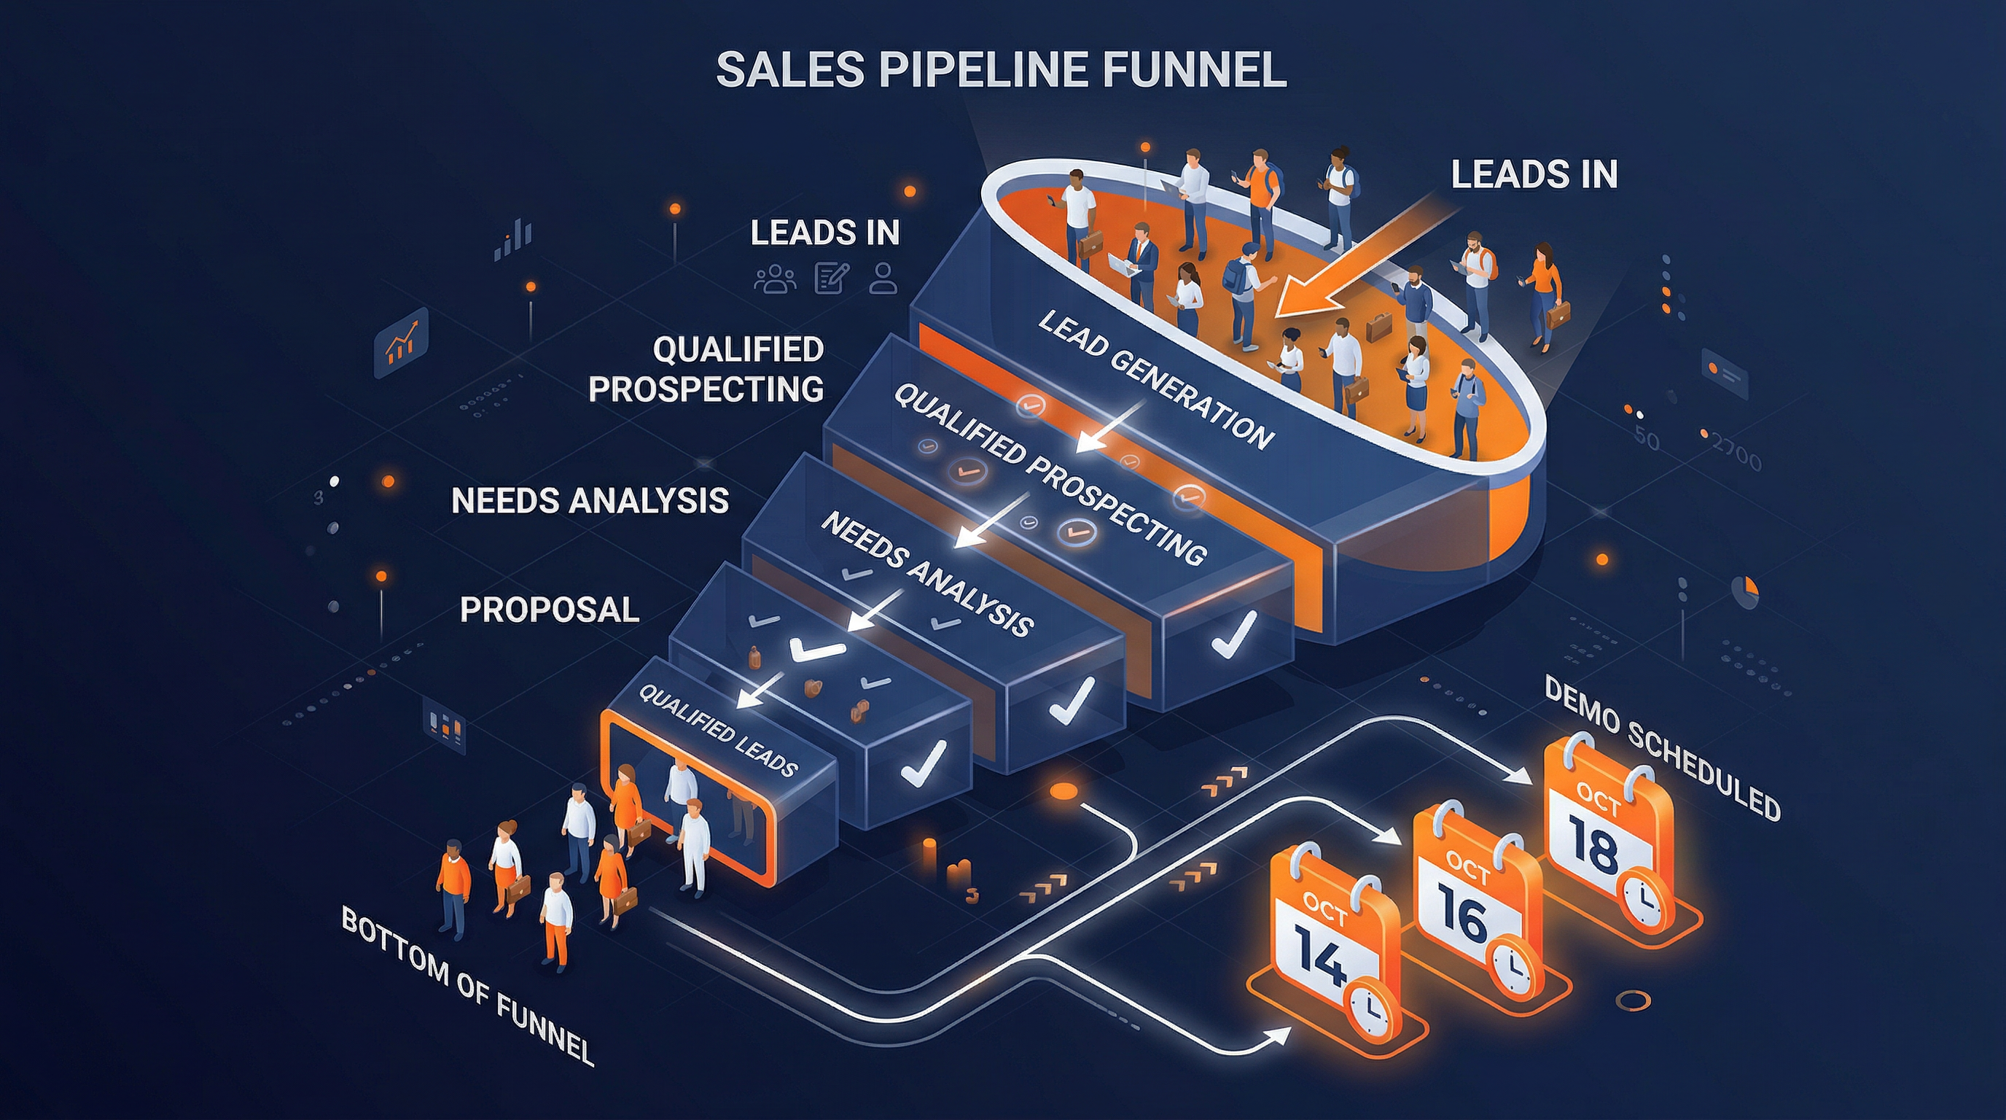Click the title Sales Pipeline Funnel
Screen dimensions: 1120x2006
1001,69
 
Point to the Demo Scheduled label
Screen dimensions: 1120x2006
1662,748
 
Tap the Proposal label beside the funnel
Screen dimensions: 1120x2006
550,610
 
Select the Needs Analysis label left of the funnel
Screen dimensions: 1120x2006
590,501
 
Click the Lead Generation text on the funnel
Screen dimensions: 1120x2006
1155,379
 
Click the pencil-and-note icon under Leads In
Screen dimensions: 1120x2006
830,278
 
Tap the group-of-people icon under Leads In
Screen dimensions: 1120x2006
775,278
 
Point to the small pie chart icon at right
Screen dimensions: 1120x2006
1746,591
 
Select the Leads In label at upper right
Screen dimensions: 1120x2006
1534,174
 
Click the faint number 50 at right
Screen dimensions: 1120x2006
1646,437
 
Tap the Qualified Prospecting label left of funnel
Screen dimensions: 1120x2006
706,369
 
